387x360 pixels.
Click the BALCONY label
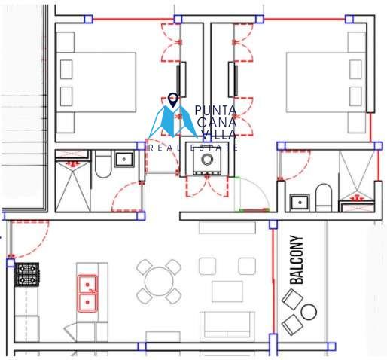pos(297,260)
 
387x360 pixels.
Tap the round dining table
pos(159,282)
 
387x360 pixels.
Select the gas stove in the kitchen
pos(27,274)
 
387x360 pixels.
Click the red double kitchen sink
pos(87,294)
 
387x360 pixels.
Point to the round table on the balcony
pos(309,312)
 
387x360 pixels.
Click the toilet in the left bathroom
pos(103,164)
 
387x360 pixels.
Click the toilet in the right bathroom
pos(324,197)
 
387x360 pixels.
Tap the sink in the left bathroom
pos(124,159)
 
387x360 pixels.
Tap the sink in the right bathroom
pos(300,203)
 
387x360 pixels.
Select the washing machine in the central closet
pos(207,159)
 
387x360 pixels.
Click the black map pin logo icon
pos(173,100)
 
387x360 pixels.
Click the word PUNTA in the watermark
pos(215,111)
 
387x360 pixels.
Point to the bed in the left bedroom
pos(96,82)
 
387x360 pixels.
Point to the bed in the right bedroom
pos(326,82)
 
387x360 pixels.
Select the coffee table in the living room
pos(227,291)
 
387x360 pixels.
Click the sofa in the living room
pos(227,325)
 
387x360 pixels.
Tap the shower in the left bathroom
pos(72,187)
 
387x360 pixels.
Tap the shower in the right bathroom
pos(357,175)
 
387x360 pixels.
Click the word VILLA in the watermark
pos(219,135)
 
